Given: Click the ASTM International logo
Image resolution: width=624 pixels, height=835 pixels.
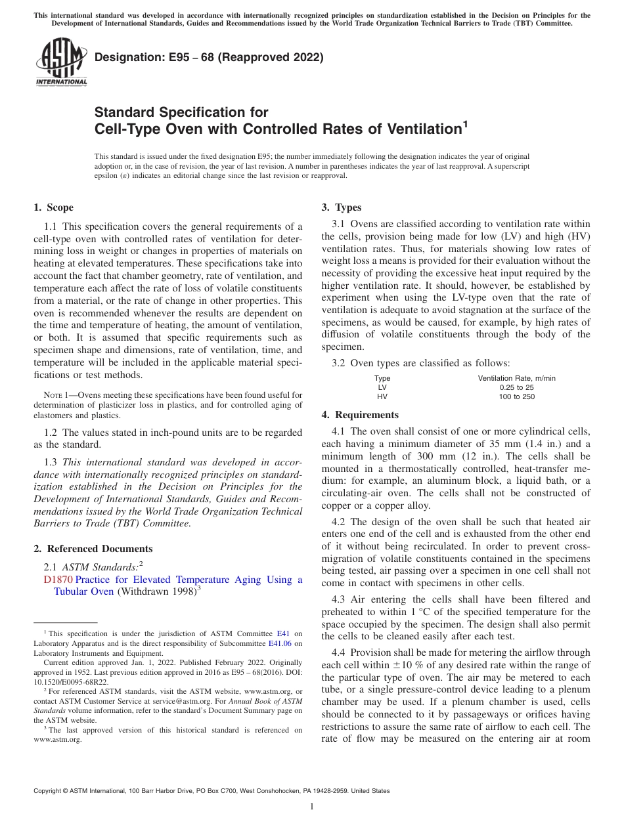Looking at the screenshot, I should click(x=60, y=62).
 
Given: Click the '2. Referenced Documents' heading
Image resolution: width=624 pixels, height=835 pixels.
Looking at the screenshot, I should click(x=93, y=549).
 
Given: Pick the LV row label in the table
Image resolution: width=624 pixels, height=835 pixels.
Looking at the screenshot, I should click(x=382, y=388).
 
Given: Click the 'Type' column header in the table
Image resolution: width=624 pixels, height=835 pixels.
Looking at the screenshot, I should click(x=382, y=378).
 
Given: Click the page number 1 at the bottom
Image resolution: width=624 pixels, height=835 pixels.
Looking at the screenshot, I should click(x=312, y=807).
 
